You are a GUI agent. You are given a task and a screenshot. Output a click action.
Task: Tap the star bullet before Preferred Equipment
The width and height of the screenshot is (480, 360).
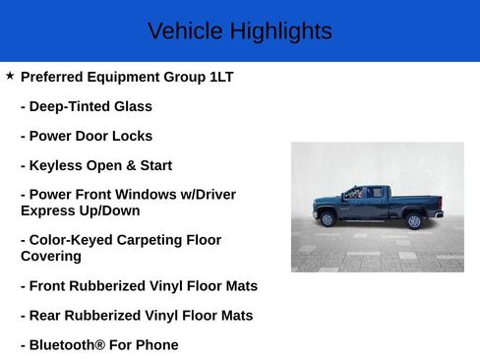pos(10,75)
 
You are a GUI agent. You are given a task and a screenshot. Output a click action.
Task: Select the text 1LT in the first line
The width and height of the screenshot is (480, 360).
pos(221,77)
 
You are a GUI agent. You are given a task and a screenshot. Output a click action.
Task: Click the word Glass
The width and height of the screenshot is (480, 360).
pos(132,106)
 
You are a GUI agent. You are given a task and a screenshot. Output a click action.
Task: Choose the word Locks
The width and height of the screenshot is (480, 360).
pos(133,136)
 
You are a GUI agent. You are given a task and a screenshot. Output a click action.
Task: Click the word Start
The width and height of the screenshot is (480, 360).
pos(151,165)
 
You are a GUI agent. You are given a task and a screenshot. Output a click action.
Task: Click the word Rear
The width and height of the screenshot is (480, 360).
pos(46,316)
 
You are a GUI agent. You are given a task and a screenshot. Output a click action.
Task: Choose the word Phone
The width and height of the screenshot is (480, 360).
pos(158,345)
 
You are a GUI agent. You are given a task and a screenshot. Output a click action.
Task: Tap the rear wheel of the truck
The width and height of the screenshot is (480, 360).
pos(414,220)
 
